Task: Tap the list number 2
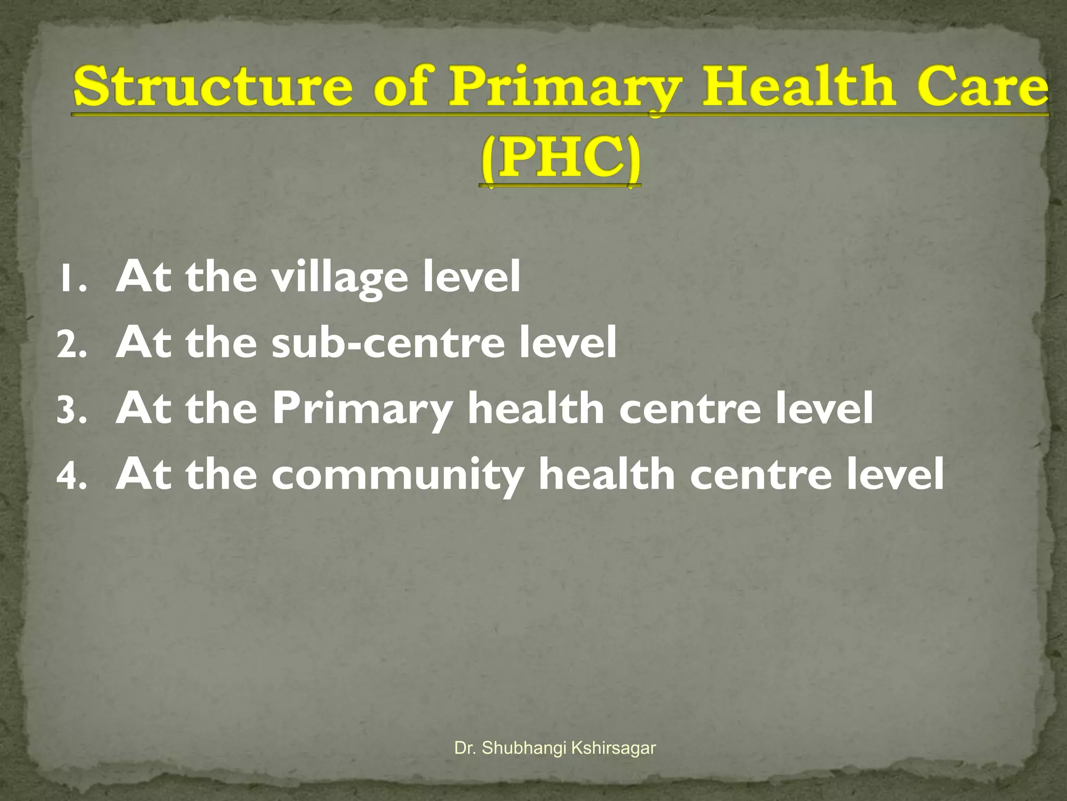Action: (70, 346)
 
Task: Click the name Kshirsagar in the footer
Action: (613, 748)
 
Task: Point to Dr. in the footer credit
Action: (465, 748)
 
